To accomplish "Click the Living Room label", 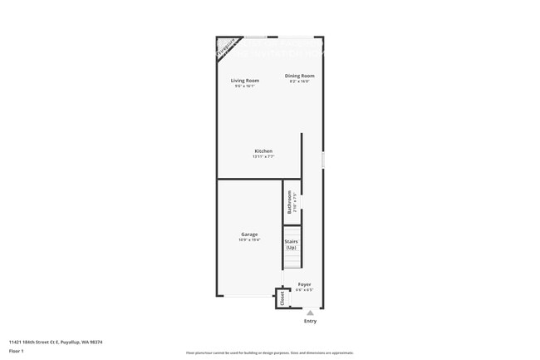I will [245, 81].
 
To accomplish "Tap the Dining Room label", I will [300, 76].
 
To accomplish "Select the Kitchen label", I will [263, 151].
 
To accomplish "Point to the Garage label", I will [249, 234].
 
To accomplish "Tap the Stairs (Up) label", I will [291, 244].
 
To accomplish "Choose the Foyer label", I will [304, 284].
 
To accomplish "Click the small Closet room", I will [282, 298].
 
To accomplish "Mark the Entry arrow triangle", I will [310, 313].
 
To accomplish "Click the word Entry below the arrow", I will [310, 321].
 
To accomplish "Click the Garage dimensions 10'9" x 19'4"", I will [249, 240].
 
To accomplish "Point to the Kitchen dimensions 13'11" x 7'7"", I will [263, 156].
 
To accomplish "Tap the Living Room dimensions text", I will [245, 86].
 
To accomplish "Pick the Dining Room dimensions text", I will [300, 81].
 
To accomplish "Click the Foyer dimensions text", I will [304, 289].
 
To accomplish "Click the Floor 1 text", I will [16, 352].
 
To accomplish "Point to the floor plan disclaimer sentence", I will [269, 353].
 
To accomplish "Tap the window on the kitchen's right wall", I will [323, 159].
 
